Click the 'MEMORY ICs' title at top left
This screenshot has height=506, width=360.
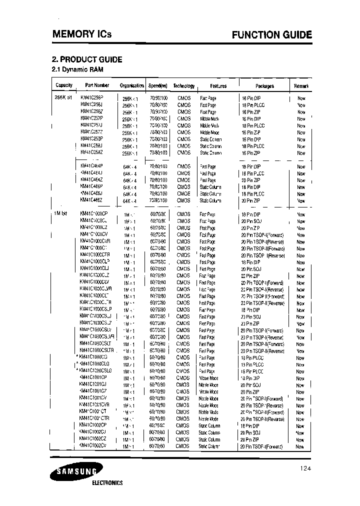(82, 34)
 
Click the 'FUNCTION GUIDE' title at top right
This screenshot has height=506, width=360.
(271, 35)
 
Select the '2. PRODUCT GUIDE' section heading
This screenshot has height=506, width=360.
(87, 59)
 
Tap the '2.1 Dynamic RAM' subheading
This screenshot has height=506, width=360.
(77, 69)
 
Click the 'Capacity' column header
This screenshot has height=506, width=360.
(64, 85)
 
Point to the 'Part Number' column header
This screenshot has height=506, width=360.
(97, 85)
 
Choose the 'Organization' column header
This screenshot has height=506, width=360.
(132, 85)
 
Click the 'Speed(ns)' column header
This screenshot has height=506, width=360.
(158, 85)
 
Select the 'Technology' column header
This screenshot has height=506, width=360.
(183, 85)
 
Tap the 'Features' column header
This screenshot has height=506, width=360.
(218, 86)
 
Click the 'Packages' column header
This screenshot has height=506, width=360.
(264, 86)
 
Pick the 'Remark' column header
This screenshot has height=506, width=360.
(301, 86)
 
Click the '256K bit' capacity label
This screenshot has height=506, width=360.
(63, 98)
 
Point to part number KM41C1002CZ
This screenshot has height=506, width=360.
(92, 439)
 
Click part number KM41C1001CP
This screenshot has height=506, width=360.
(92, 377)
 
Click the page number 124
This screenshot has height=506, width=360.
(306, 468)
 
